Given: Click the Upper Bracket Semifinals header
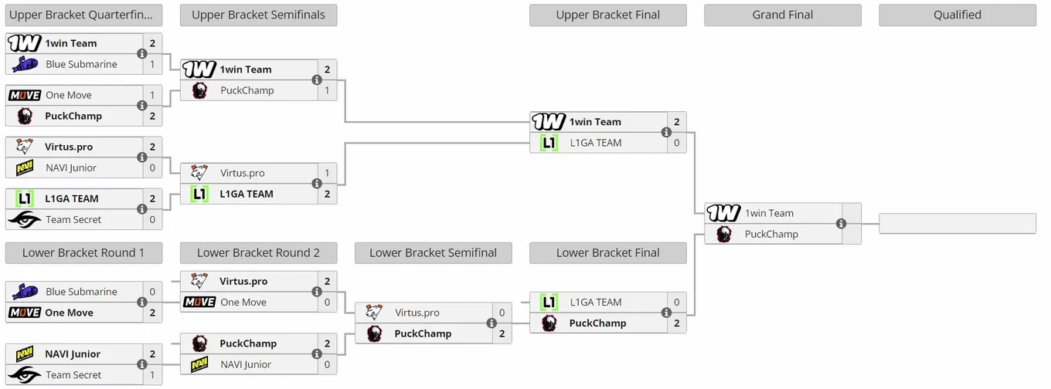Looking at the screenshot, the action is pos(259,15).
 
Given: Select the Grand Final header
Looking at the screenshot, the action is pos(783,15).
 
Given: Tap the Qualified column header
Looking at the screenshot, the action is pos(957,15).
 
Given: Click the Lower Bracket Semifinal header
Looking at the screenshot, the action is pos(433,253).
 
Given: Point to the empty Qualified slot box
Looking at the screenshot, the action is pos(957,224).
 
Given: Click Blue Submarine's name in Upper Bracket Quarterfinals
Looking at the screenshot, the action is pos(82,64).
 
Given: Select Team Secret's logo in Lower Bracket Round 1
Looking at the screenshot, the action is pos(25,375).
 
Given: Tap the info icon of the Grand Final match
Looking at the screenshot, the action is pos(842,224).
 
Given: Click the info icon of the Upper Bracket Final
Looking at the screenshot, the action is pos(666,132).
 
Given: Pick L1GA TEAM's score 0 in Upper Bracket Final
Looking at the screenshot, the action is pos(677,143).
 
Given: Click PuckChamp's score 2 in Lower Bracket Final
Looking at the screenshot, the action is pos(677,323).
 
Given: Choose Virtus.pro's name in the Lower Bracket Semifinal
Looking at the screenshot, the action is pos(417,313).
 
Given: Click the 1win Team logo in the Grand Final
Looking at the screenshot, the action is pos(723,213).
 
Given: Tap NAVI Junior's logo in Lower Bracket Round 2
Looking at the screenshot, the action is pos(199,364).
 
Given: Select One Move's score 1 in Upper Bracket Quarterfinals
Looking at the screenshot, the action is pos(152,95).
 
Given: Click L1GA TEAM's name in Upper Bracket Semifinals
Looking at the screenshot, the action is pos(247,194).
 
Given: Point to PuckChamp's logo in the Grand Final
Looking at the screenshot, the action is pos(724,235).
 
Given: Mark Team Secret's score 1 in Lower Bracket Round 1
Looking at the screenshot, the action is pos(152,375).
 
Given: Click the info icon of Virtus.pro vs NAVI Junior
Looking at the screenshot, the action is pos(142,157).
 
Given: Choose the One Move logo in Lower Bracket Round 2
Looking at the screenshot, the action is pos(199,303).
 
